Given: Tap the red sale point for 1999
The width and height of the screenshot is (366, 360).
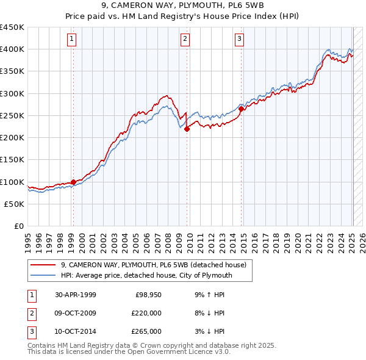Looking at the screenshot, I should point(73,182).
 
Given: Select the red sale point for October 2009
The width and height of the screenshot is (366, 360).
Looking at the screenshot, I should point(187,129).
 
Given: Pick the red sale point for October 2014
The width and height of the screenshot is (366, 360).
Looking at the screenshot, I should point(241,109).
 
